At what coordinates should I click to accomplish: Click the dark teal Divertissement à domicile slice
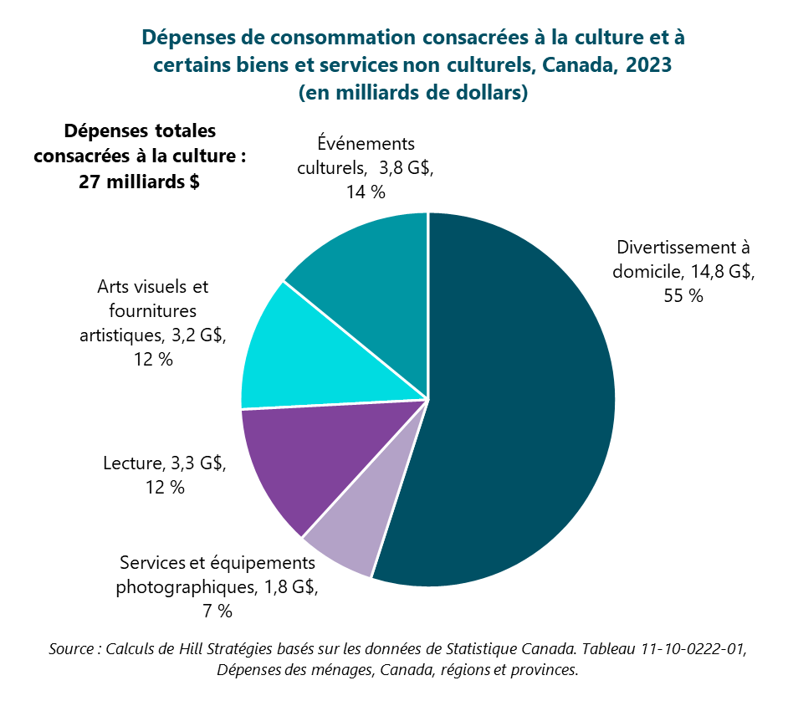[x=519, y=402]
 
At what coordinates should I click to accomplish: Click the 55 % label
[x=683, y=295]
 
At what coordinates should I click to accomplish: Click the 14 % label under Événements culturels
[x=365, y=192]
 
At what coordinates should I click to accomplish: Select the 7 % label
[x=217, y=611]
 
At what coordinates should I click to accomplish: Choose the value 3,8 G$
[x=405, y=167]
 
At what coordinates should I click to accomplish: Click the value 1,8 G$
[x=289, y=586]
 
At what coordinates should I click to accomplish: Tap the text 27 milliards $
[x=139, y=182]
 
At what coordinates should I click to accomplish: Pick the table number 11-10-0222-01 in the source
[x=688, y=648]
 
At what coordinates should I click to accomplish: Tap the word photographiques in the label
[x=183, y=586]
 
